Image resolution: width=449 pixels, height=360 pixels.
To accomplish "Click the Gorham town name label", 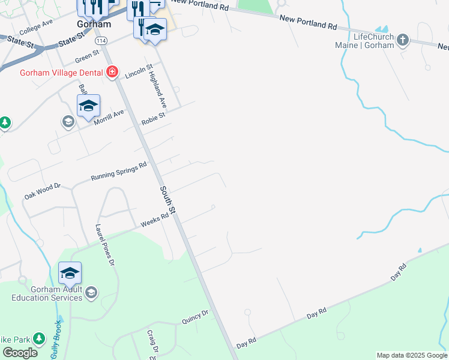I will (x=94, y=25).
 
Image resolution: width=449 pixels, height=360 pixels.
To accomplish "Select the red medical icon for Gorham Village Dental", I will (x=112, y=73).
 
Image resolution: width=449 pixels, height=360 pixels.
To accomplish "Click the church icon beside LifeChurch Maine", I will (x=402, y=40).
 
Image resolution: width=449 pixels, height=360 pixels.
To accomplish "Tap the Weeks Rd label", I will (x=151, y=222).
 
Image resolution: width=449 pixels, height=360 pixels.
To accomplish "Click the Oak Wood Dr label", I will (x=43, y=191).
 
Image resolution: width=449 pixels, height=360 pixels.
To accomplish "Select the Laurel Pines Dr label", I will (x=104, y=245).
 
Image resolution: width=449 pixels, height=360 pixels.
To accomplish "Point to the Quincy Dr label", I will (x=194, y=317).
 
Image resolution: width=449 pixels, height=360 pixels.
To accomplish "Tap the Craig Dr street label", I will (x=153, y=341).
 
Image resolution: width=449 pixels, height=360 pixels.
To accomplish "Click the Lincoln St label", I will (x=139, y=72).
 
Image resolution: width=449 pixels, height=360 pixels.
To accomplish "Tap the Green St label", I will (x=87, y=56).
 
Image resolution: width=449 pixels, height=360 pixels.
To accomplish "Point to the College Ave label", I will (x=36, y=26).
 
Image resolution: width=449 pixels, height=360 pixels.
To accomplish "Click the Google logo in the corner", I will (x=20, y=353).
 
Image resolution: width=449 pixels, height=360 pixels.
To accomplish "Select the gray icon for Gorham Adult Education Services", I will (x=91, y=292).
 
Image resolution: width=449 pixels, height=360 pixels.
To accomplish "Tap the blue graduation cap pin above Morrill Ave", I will (x=88, y=106).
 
